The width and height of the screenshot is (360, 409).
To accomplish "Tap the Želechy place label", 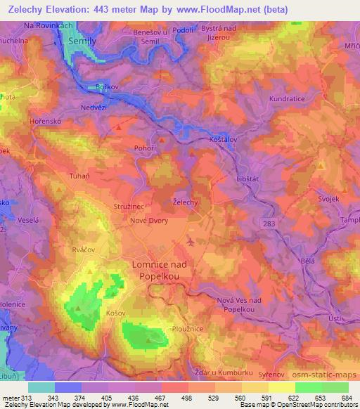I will [x=185, y=202].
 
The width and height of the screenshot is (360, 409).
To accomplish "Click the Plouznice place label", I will [x=188, y=327].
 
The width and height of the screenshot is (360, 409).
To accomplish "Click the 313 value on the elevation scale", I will [x=20, y=398].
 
